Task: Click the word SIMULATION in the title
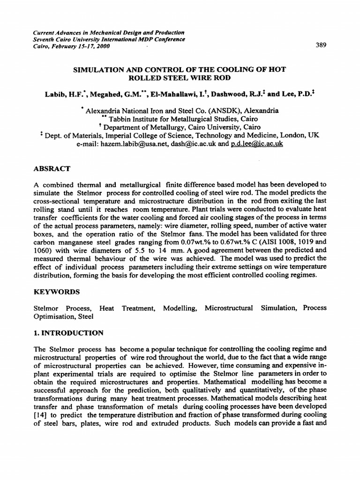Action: click(96, 69)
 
